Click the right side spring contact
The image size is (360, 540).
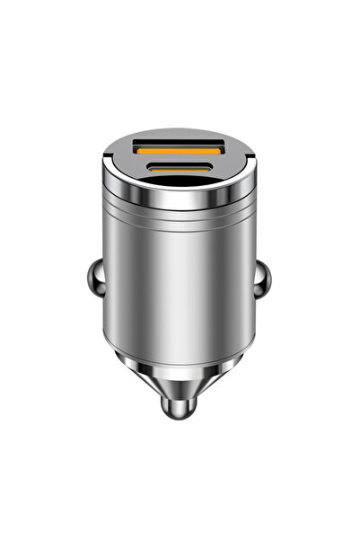point(259,287)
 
